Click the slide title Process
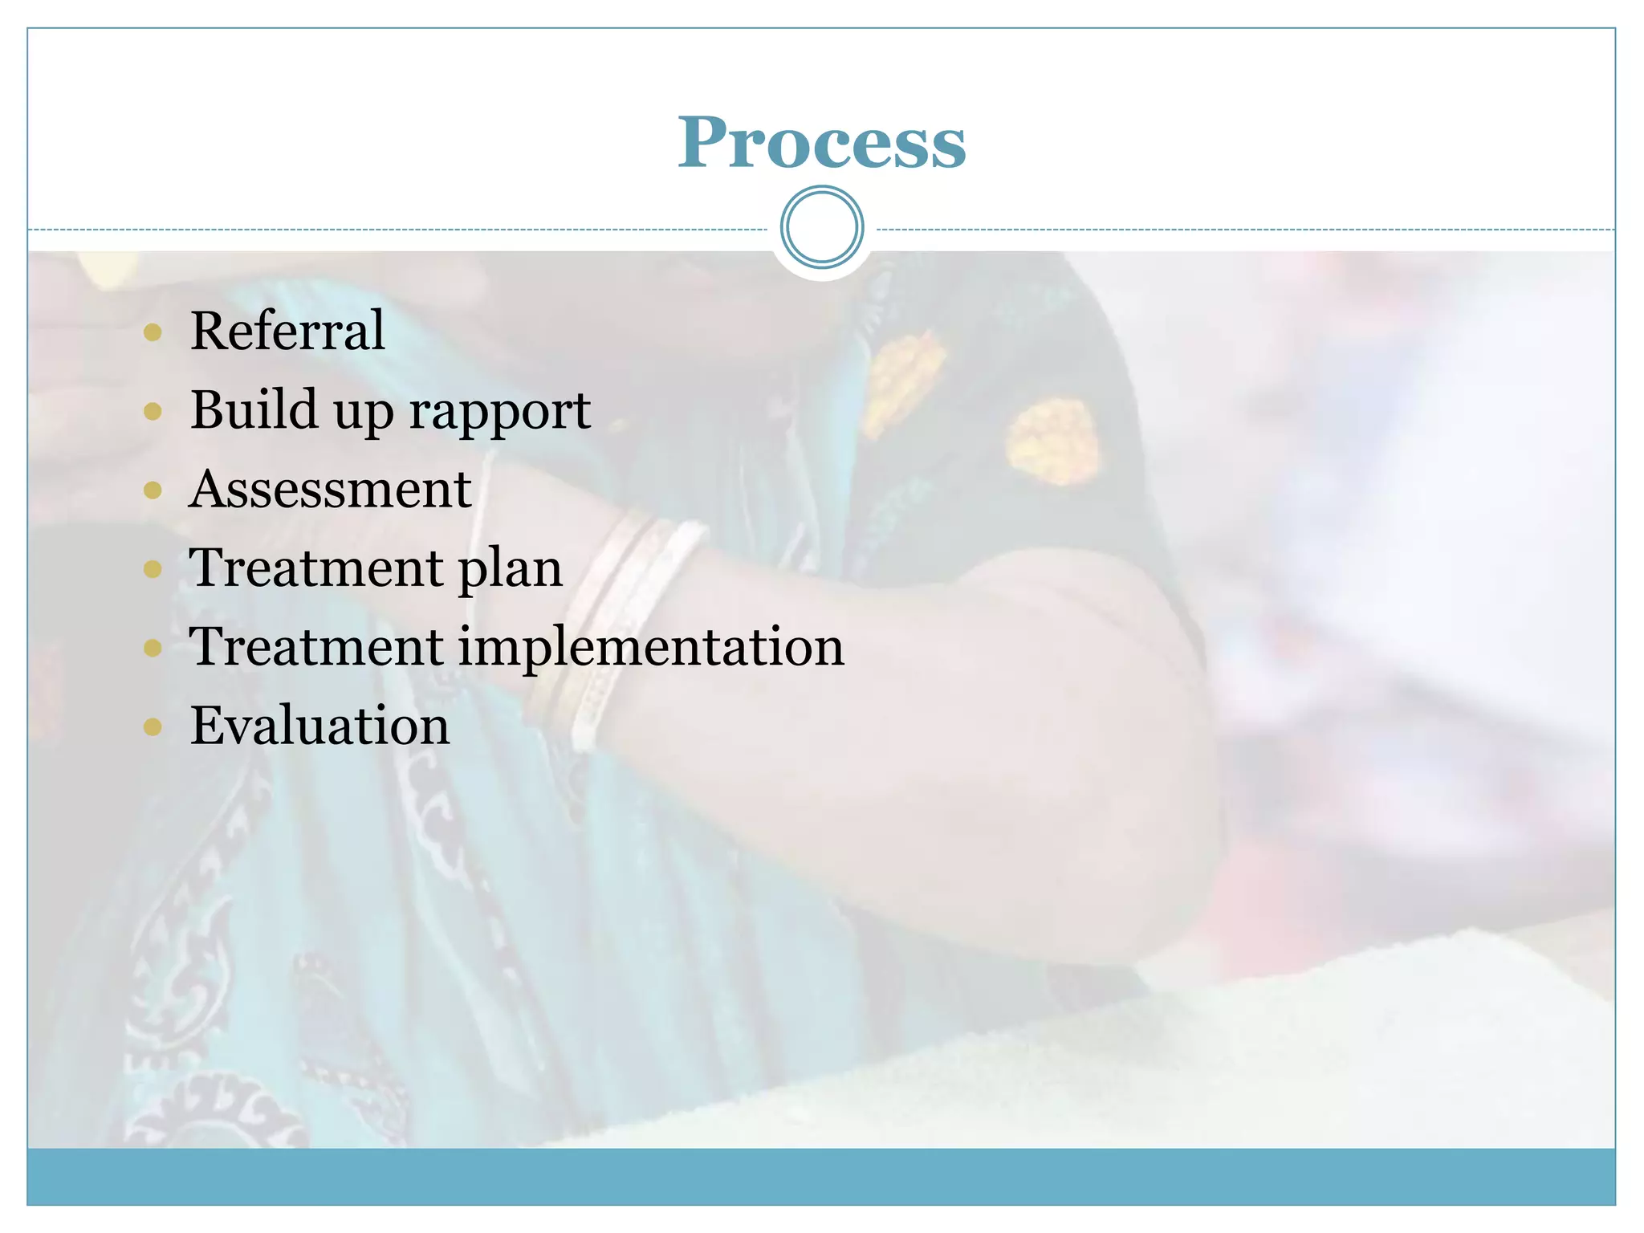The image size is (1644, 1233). (821, 143)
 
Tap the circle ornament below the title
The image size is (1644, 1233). (821, 227)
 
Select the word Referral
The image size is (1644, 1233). (287, 331)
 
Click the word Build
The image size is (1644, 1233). (253, 410)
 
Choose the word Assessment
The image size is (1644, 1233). (330, 489)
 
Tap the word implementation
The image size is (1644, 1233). (651, 648)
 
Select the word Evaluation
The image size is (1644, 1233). (319, 726)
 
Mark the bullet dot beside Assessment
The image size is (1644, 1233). (153, 490)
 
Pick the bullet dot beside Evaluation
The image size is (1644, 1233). (153, 727)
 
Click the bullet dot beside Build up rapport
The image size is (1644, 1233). (153, 412)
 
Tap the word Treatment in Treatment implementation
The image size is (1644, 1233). (316, 647)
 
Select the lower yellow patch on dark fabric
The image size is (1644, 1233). (1052, 442)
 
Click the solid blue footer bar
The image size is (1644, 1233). (821, 1176)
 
